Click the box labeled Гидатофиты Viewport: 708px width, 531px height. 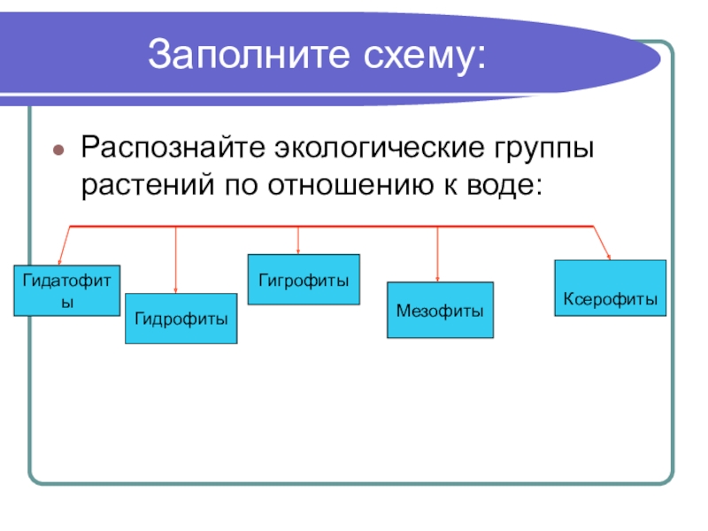(66, 289)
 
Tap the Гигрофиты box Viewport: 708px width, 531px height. (304, 280)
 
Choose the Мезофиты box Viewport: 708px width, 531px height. (440, 311)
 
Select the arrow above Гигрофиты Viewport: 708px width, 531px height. (298, 241)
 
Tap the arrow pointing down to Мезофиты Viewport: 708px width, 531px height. (438, 255)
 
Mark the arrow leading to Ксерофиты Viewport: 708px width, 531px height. (602, 243)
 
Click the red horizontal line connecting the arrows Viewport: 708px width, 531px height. (354, 227)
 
